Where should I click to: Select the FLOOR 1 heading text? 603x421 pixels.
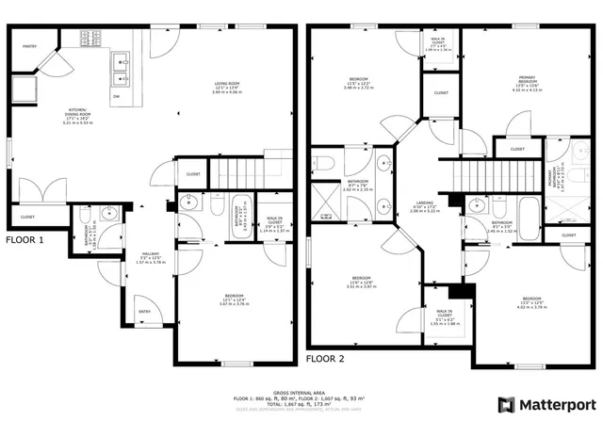pyautogui.click(x=25, y=239)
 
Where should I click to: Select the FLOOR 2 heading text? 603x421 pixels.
pyautogui.click(x=326, y=360)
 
